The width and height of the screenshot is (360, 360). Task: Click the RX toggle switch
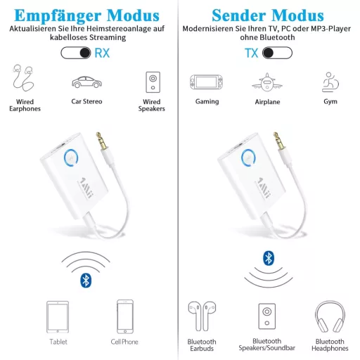pos(76,53)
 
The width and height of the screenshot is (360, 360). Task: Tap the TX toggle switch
pos(277,53)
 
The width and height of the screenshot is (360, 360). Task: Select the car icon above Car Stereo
pos(86,82)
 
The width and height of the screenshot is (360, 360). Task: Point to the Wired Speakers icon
pos(153,82)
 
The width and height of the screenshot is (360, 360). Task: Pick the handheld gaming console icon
pos(206,82)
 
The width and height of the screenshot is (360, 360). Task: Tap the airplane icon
pos(267,82)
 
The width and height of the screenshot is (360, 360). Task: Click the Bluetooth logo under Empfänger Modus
pos(86,281)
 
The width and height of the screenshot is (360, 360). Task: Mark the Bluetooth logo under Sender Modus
pos(269,258)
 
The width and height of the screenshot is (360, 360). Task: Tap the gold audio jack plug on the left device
pos(101,141)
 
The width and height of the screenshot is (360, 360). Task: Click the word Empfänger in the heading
pos(58,16)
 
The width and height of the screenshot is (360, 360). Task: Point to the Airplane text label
pos(267,102)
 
